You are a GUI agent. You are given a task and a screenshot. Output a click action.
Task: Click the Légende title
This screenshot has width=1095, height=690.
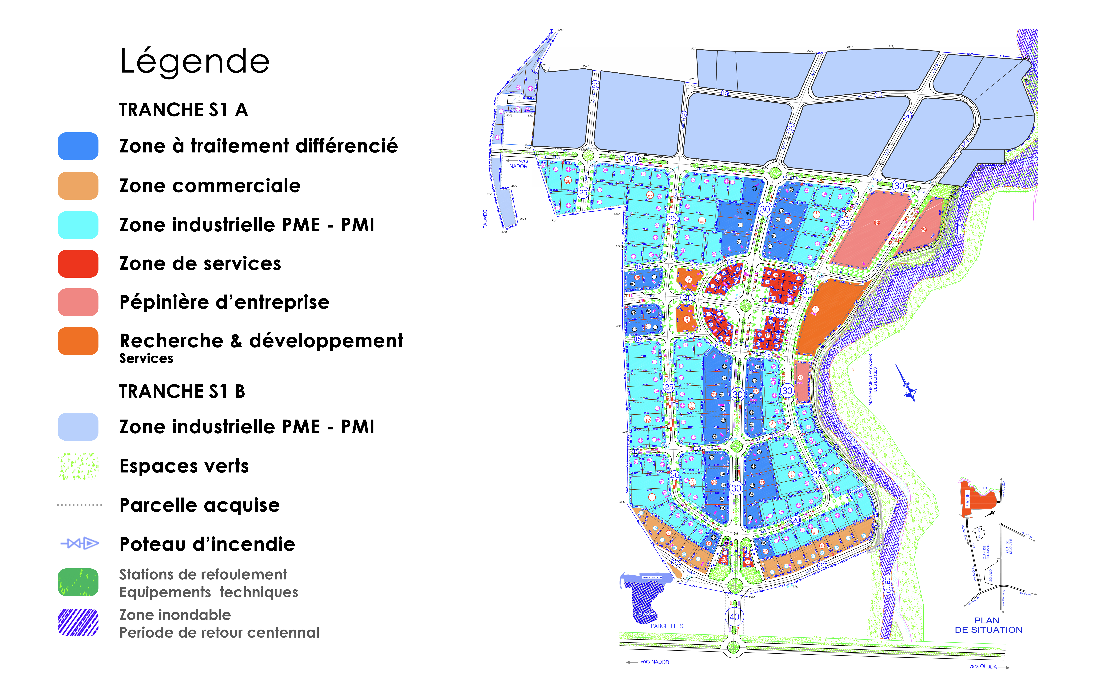point(195,61)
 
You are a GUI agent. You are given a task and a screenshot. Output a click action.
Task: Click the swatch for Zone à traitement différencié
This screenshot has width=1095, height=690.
point(78,146)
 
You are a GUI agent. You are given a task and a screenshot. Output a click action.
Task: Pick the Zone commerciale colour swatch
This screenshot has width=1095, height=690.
point(78,186)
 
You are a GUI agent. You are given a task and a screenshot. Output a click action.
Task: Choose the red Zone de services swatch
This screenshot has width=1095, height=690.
point(78,264)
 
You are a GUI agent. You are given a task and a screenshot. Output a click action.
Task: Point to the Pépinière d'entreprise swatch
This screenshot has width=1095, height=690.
point(78,302)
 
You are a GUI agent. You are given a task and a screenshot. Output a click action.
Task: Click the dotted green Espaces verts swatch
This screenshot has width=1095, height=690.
point(78,466)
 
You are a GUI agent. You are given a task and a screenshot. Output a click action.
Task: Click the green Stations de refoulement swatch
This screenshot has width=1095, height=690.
point(78,582)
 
